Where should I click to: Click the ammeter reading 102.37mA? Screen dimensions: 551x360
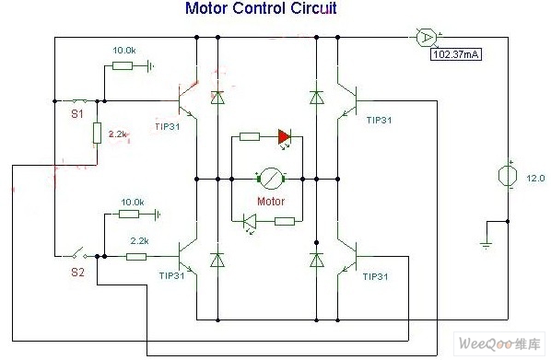coord(456,54)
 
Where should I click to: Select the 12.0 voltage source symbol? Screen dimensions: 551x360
coord(508,175)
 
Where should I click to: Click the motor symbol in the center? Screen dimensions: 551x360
coord(271,180)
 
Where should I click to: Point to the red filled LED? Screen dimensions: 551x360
coord(284,136)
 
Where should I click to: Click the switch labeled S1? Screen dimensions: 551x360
coord(80,101)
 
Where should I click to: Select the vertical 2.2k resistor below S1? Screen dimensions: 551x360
coord(97,134)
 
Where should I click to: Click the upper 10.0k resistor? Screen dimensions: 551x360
coord(123,65)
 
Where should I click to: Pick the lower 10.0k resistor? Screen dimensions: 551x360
coord(129,214)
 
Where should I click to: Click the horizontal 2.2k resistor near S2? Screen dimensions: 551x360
coord(136,257)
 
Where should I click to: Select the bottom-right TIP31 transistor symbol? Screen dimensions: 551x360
coord(348,257)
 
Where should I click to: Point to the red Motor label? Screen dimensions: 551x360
coord(271,202)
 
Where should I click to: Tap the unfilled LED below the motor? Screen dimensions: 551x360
coord(251,222)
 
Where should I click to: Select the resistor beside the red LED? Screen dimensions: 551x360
coord(250,136)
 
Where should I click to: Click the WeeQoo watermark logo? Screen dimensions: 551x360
coord(499,343)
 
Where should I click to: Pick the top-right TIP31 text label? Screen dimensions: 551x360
coord(380,120)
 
